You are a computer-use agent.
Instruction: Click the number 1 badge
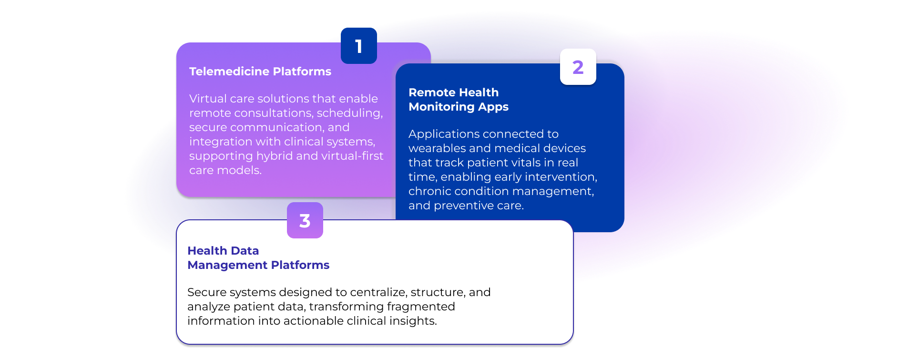point(358,46)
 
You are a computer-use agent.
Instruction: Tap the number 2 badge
point(578,67)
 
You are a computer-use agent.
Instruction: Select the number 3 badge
point(305,221)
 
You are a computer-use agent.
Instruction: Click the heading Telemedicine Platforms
point(260,72)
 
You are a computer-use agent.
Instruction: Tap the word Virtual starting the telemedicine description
point(207,99)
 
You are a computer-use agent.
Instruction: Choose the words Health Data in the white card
point(223,251)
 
